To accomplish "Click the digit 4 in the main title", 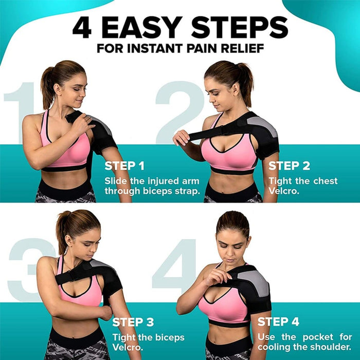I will click(82, 27).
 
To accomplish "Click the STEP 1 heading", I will click(124, 166).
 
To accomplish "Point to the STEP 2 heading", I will click(289, 166).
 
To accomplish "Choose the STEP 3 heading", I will click(133, 322).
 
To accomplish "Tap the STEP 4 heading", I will click(278, 322).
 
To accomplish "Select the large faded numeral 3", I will click(28, 267).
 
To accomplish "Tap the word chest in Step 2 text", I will click(326, 181).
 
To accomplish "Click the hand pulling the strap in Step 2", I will click(181, 137).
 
